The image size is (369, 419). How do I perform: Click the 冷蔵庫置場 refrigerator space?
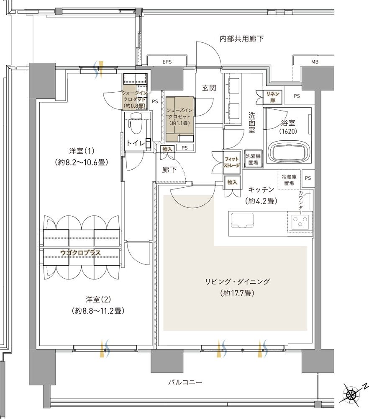(x=289, y=180)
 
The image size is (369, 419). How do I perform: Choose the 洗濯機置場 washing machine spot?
(x=253, y=159)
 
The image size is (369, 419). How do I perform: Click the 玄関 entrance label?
(x=209, y=88)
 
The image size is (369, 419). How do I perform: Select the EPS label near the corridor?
(x=167, y=62)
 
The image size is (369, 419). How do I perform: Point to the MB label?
(x=315, y=62)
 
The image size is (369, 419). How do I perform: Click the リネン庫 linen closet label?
(x=272, y=97)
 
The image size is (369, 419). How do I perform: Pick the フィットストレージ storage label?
(x=232, y=162)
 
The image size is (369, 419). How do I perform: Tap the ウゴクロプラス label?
(x=80, y=253)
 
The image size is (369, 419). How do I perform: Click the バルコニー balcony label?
(x=185, y=382)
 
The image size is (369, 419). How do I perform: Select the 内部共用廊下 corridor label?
(x=241, y=39)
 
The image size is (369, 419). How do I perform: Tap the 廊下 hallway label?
(x=169, y=169)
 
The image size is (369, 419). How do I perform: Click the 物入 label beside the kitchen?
(x=232, y=182)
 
